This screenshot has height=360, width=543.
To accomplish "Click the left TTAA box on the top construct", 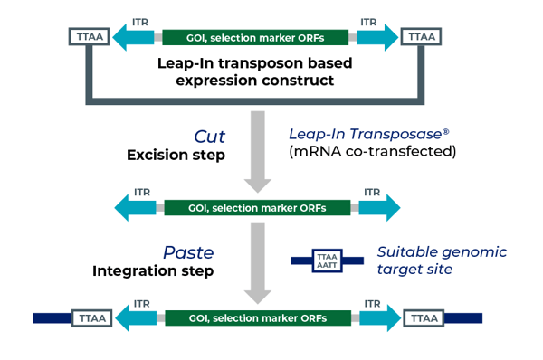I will point(88,37).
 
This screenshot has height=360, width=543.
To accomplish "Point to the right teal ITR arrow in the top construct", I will point(376,37).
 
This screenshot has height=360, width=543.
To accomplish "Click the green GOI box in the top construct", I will point(256,37).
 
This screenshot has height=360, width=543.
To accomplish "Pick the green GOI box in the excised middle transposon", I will point(256,207).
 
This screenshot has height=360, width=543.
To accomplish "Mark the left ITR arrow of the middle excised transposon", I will point(137,207).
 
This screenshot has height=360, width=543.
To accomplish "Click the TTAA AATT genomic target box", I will point(327,261).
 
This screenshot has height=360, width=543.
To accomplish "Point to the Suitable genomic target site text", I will point(442,261).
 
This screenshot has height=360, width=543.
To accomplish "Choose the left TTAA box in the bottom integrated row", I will point(88,318).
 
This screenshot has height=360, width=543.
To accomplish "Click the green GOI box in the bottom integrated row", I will point(256,318).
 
